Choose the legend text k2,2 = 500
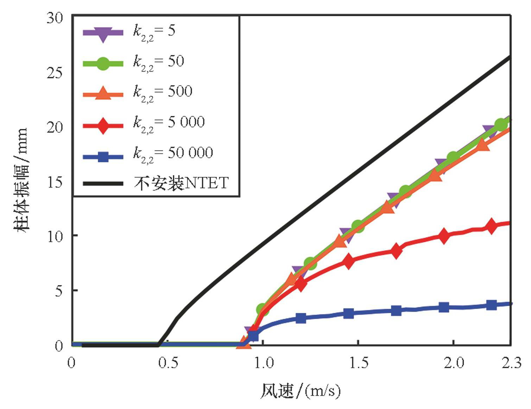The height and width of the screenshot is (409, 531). click(x=163, y=92)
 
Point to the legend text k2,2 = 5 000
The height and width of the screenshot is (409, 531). click(x=169, y=123)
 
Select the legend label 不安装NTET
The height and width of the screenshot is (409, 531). click(x=181, y=183)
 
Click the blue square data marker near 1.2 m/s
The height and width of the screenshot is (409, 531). click(x=301, y=318)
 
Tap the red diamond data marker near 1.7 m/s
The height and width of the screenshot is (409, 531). click(x=396, y=251)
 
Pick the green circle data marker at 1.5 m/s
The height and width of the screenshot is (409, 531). click(x=358, y=225)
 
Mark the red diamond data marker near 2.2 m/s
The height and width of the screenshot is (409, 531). click(x=492, y=226)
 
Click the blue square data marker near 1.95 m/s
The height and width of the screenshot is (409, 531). click(x=444, y=307)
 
